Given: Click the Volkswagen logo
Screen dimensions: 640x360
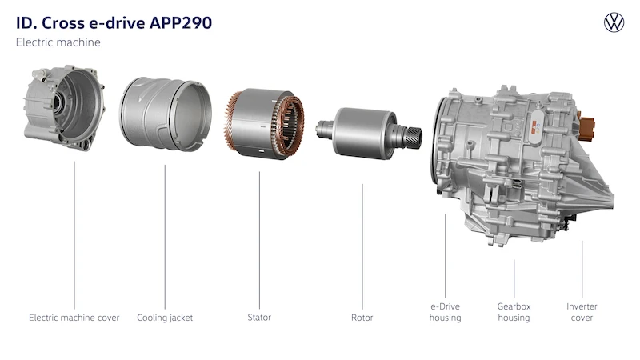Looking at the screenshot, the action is [614, 22].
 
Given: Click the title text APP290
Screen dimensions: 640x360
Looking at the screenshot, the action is [181, 23].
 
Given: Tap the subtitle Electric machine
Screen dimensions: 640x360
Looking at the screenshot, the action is [58, 42].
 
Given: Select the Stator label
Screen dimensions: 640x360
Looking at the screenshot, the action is [259, 317].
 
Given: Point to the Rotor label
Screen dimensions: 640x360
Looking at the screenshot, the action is [362, 318].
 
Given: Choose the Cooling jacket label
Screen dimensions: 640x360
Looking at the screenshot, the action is [165, 318].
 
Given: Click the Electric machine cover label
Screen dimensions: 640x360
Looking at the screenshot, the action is [74, 318].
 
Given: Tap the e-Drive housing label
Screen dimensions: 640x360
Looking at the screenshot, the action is [445, 312].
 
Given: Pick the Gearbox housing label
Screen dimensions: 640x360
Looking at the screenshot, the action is [514, 312].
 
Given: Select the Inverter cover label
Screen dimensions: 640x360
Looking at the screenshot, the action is [582, 312].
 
